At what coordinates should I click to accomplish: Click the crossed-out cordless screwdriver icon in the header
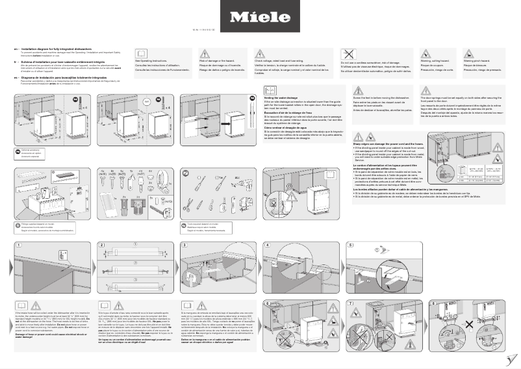pos(349,55)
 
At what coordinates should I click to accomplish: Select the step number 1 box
pos(19,245)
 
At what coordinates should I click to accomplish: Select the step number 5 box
pos(351,245)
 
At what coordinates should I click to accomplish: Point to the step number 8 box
pos(433,303)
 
